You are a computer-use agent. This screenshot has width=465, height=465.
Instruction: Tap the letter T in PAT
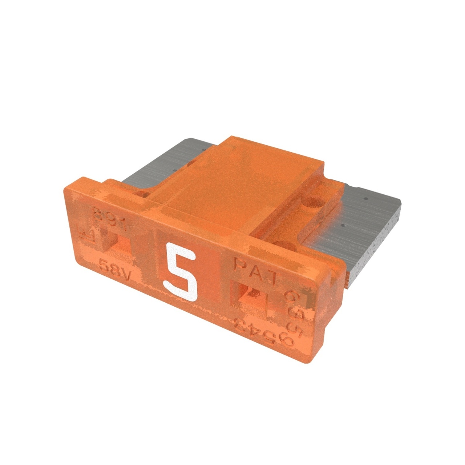click(272, 278)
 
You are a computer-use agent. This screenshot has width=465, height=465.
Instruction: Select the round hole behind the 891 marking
click(143, 194)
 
